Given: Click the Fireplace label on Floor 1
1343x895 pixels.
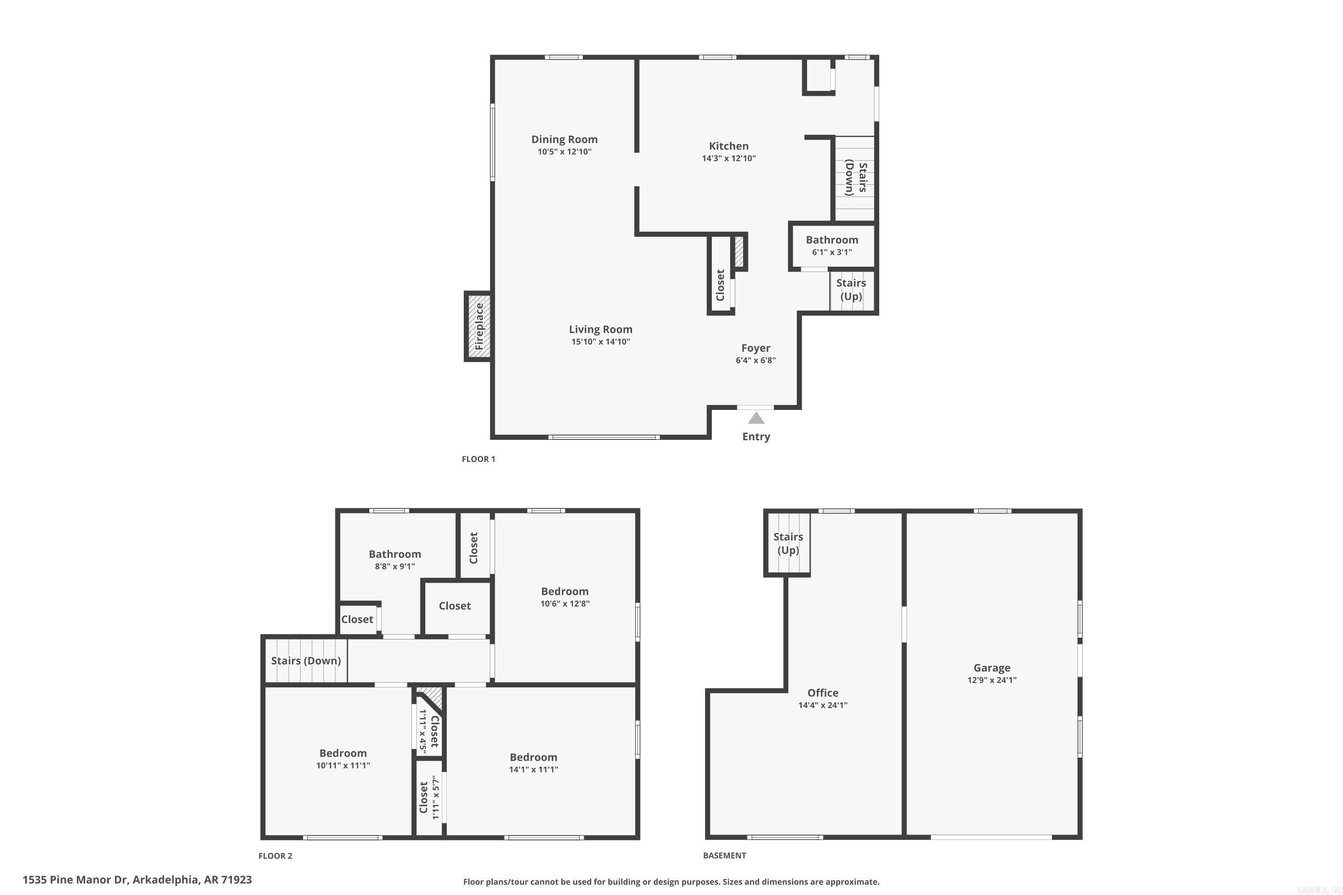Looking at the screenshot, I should tap(479, 327).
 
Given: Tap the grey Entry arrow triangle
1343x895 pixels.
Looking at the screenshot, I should tap(756, 418).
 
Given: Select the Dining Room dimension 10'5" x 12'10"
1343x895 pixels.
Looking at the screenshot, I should tap(564, 152).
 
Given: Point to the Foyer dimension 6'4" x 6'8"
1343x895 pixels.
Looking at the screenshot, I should tap(756, 360).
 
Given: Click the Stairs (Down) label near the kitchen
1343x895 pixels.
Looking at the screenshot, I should tap(856, 178).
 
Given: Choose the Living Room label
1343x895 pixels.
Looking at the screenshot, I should tap(601, 329).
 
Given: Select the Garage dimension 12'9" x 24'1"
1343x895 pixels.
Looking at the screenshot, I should tap(992, 680).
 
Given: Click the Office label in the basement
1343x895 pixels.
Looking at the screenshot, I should tap(823, 693).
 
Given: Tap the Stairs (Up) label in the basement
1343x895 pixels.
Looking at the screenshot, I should tap(788, 543).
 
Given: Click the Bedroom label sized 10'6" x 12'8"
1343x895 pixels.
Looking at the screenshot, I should tap(565, 591).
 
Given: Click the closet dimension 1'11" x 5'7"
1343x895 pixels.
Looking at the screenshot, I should tap(436, 797).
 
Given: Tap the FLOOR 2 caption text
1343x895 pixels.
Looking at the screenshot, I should tap(275, 856).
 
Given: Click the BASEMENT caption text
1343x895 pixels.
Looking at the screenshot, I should tap(724, 855).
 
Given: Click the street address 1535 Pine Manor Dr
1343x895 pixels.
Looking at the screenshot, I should tap(137, 880).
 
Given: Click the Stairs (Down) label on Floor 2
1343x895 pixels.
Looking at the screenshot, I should tap(306, 661).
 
